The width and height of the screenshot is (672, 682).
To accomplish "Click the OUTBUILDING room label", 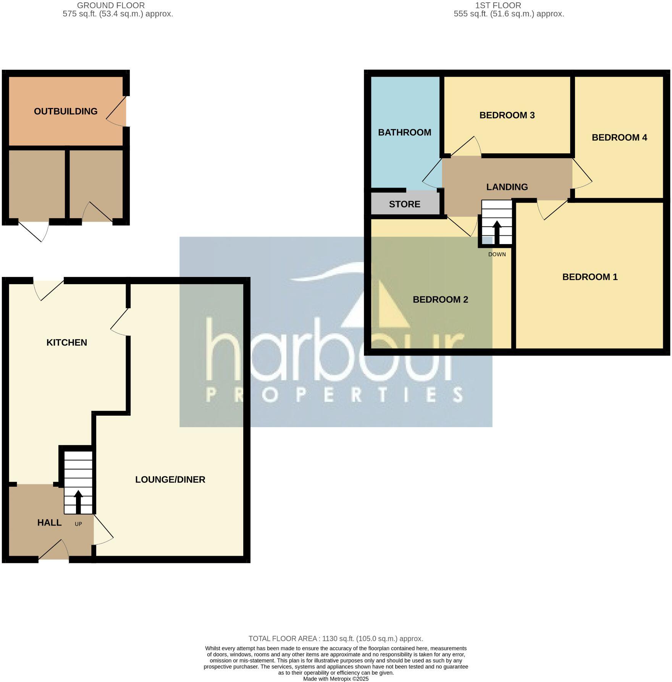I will coord(66,111).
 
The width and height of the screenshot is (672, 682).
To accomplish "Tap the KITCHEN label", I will coord(67,343).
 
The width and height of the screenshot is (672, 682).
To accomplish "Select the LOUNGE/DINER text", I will coord(170,479).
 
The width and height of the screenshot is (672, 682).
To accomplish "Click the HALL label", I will coord(49,523).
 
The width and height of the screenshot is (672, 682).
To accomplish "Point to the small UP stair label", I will coord(78,524).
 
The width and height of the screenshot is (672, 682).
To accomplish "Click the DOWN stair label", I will coord(497,254).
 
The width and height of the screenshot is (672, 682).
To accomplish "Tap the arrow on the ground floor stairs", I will coord(78,501).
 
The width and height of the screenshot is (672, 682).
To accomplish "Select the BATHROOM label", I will coord(404,132).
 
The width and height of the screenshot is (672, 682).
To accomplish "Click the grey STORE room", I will coord(405,204).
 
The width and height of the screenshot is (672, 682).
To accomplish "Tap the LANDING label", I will coord(507,187).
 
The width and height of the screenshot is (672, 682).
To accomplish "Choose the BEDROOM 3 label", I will coord(507,115).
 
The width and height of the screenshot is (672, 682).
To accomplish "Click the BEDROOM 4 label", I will coord(619,137).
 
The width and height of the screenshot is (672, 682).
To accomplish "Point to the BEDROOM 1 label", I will coord(590,277).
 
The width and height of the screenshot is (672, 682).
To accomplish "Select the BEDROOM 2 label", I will coord(440,299).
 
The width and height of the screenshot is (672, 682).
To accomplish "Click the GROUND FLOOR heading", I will coord(111,6).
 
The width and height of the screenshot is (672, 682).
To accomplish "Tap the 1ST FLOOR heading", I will coord(498,6).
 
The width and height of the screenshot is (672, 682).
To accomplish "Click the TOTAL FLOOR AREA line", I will coord(336,639).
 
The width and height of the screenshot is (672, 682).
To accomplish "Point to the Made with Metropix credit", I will coord(336,679).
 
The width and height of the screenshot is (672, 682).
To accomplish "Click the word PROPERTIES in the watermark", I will coord(334,395).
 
